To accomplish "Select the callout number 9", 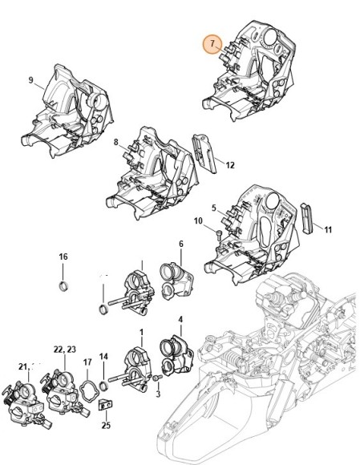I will (x=31, y=80).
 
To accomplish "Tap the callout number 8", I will (x=115, y=144).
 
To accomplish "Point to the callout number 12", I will (x=229, y=166).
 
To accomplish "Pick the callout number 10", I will (x=197, y=220).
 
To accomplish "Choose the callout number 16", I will (x=63, y=257).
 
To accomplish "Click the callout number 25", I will (x=106, y=425).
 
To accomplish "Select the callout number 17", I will (x=87, y=362).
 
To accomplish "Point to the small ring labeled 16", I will (x=63, y=285).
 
